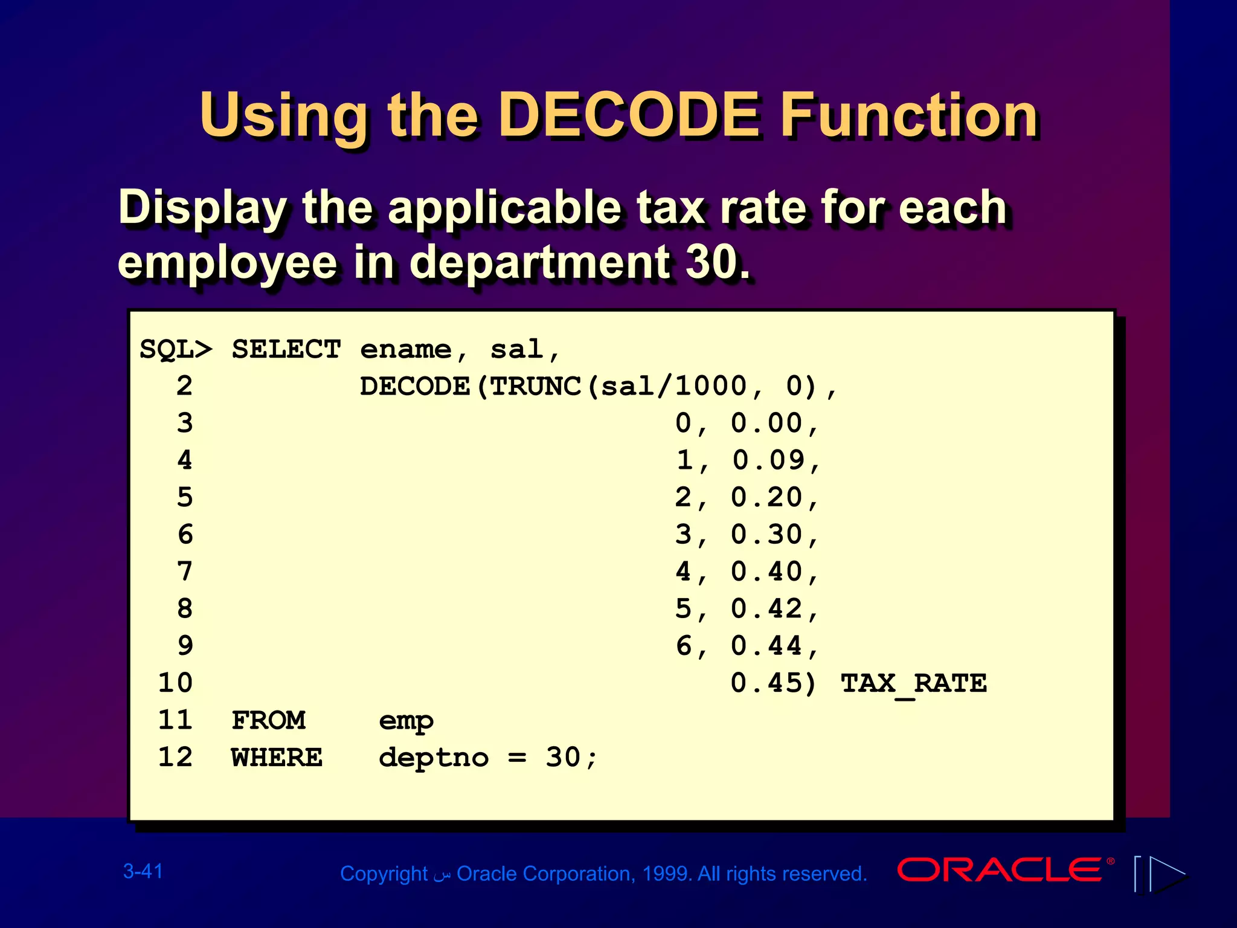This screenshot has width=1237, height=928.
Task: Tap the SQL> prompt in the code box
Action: point(176,350)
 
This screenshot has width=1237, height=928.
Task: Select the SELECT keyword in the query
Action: point(286,350)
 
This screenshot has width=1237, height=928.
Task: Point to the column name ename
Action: point(406,350)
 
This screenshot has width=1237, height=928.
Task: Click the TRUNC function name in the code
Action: point(535,387)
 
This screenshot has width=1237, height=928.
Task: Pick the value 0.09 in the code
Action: point(768,460)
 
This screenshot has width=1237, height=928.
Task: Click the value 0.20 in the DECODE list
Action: point(767,498)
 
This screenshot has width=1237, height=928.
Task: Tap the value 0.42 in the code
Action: point(767,609)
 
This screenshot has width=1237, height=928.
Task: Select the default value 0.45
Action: point(767,683)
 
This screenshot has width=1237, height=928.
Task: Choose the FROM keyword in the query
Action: point(269,720)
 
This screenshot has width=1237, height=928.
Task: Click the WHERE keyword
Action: point(277,758)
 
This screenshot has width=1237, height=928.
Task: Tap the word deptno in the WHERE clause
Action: point(434,758)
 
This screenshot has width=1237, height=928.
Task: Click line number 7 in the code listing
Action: point(185,572)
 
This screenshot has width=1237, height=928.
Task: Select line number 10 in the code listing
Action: point(175,683)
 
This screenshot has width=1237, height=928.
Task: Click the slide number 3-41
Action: point(143,871)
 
